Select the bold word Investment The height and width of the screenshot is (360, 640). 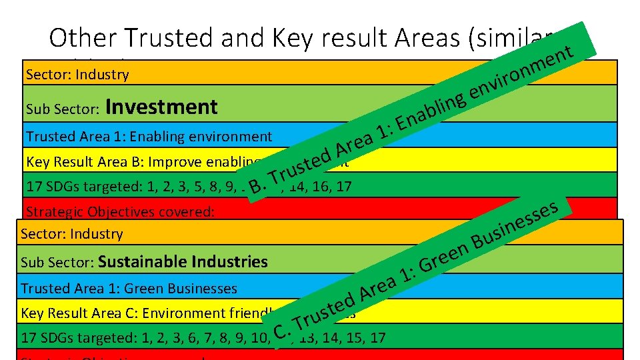click(161, 107)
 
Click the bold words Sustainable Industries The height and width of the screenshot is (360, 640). click(183, 261)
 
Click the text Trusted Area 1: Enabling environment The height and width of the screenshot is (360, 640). click(149, 137)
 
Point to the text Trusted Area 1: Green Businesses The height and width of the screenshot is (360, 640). click(129, 289)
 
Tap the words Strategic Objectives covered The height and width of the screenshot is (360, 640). click(119, 212)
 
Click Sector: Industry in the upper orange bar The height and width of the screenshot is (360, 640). click(77, 74)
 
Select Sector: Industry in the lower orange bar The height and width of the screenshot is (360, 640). click(72, 234)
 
